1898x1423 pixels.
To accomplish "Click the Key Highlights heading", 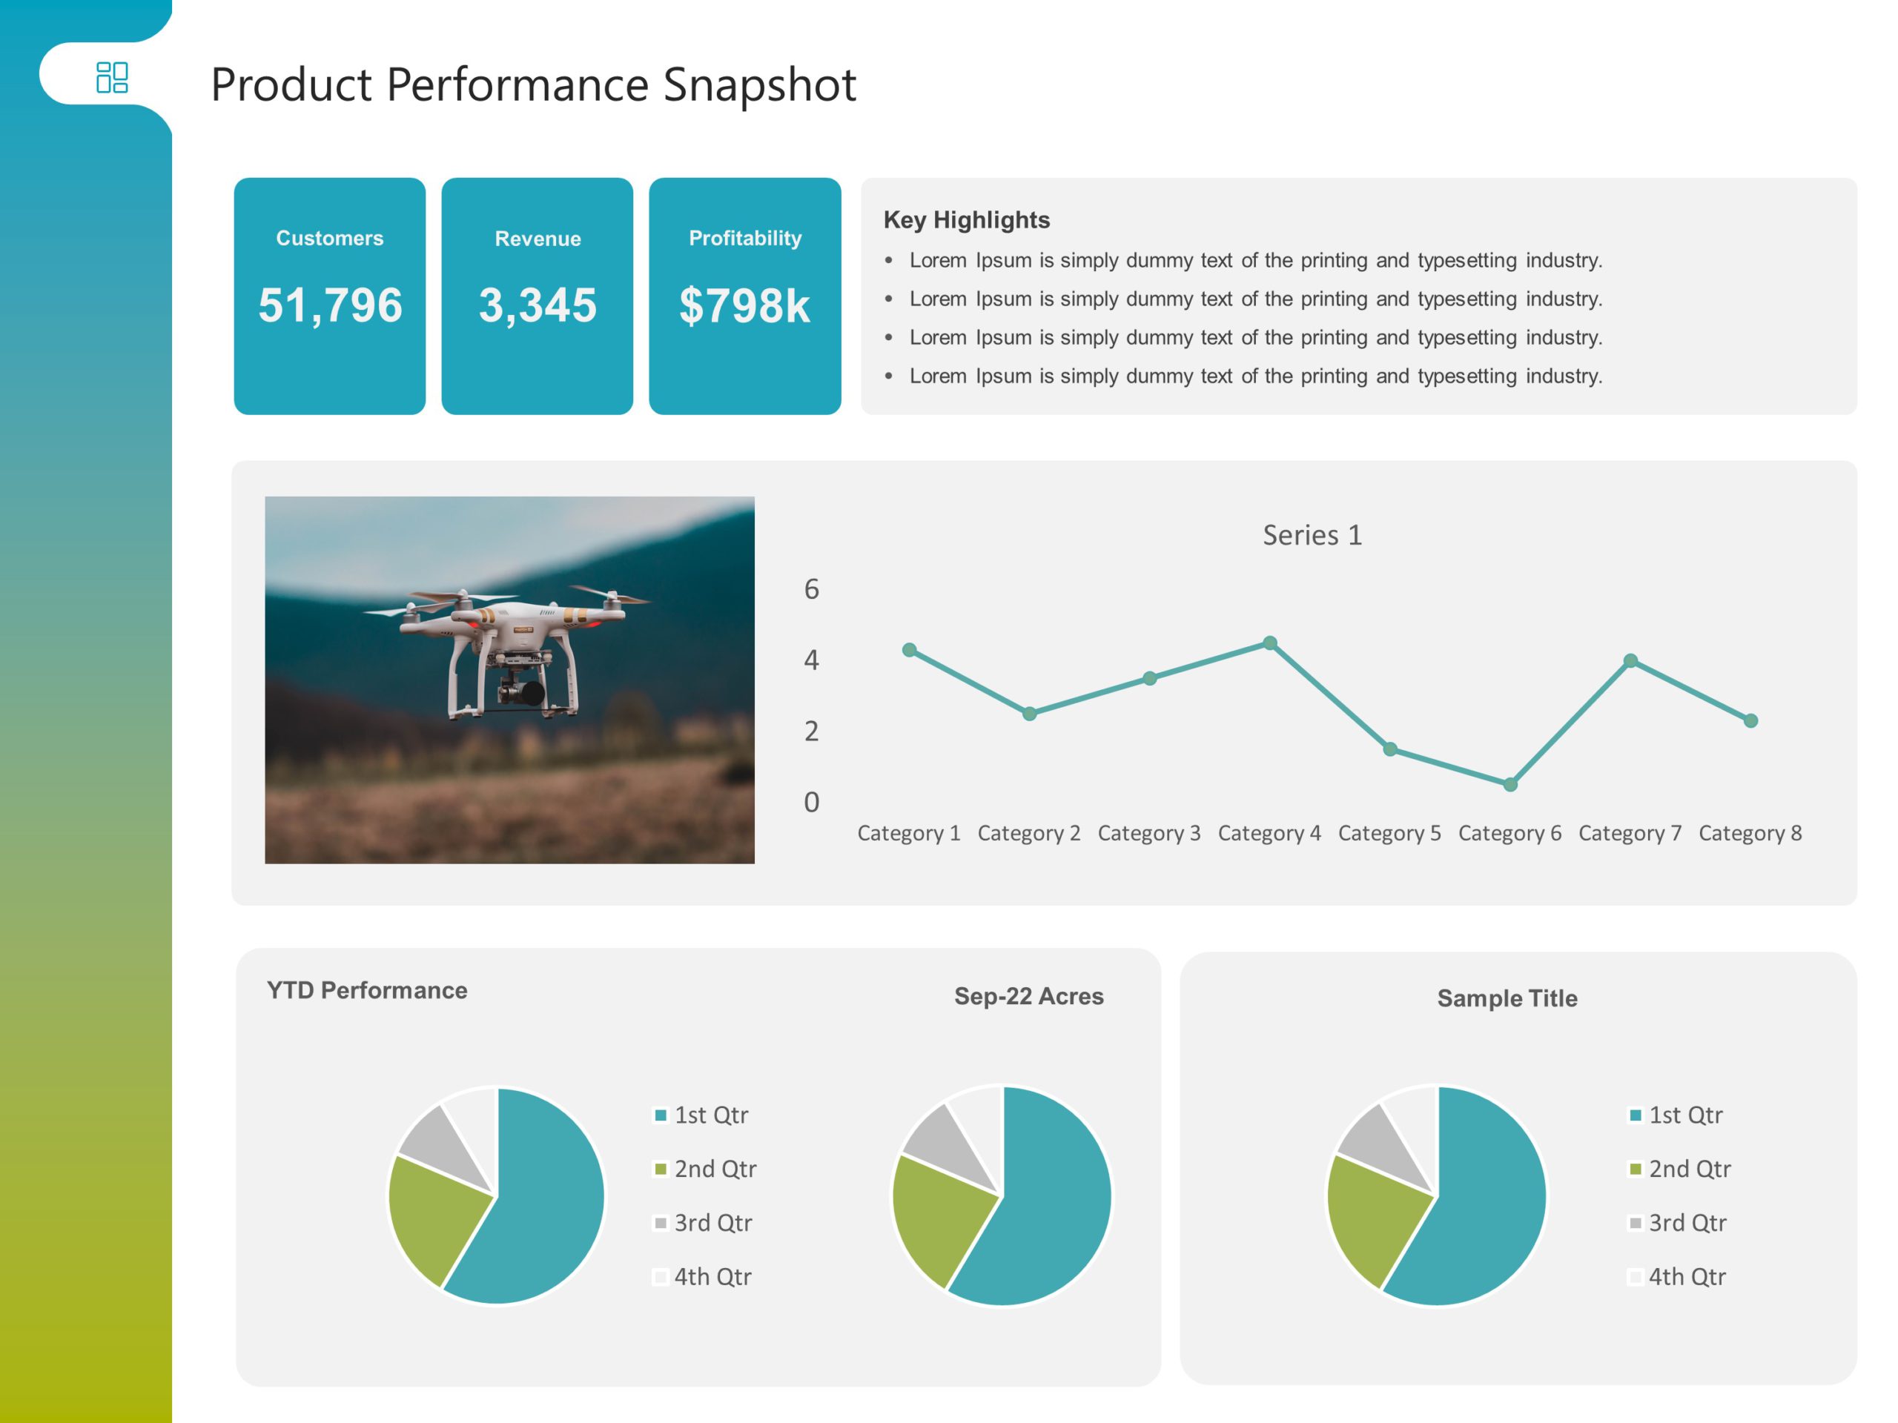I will click(966, 219).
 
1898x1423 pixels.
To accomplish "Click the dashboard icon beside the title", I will click(111, 77).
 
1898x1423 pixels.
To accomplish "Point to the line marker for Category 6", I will click(1510, 784).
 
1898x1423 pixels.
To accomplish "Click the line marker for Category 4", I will click(1270, 643).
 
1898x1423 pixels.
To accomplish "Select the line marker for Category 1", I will click(910, 649).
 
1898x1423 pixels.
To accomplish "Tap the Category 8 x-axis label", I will click(1750, 833).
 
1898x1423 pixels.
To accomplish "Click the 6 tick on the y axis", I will click(811, 589).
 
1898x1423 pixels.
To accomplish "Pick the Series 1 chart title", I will click(1312, 535).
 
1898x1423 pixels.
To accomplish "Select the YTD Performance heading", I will click(366, 990).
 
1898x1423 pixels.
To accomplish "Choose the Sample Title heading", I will click(1507, 998).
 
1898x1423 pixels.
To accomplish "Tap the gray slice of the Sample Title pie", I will click(1383, 1145).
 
